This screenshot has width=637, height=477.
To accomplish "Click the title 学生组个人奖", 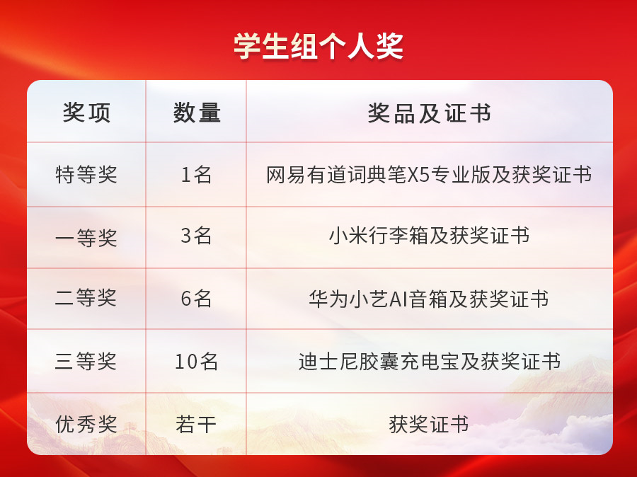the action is tap(318, 46).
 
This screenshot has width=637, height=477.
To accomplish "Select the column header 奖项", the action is tap(86, 113).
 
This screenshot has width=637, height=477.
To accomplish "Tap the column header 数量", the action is tap(197, 113).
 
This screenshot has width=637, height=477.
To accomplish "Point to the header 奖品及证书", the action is tap(429, 113).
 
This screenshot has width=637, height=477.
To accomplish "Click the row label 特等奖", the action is tap(86, 175).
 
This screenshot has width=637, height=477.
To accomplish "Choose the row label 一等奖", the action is tap(86, 238).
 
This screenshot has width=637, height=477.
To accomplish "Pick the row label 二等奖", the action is tap(86, 298).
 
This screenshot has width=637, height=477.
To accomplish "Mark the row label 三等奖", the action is tap(86, 361).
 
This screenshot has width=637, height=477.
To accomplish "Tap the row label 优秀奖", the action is tap(86, 424).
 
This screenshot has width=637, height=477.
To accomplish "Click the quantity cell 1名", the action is tap(196, 175).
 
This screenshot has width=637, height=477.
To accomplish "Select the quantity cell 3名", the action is tap(196, 236).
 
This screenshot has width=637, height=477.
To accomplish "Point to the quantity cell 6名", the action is tap(196, 299).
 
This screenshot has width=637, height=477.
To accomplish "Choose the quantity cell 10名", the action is tap(196, 361).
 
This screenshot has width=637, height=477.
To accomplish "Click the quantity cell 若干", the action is tap(196, 424).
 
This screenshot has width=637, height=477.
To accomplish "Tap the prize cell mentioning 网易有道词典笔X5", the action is tap(429, 175).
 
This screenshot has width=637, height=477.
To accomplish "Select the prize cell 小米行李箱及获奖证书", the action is tap(429, 236).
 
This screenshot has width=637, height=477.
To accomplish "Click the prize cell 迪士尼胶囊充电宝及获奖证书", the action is tap(430, 361).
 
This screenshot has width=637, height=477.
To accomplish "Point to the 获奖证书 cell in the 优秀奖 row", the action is tap(429, 424).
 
